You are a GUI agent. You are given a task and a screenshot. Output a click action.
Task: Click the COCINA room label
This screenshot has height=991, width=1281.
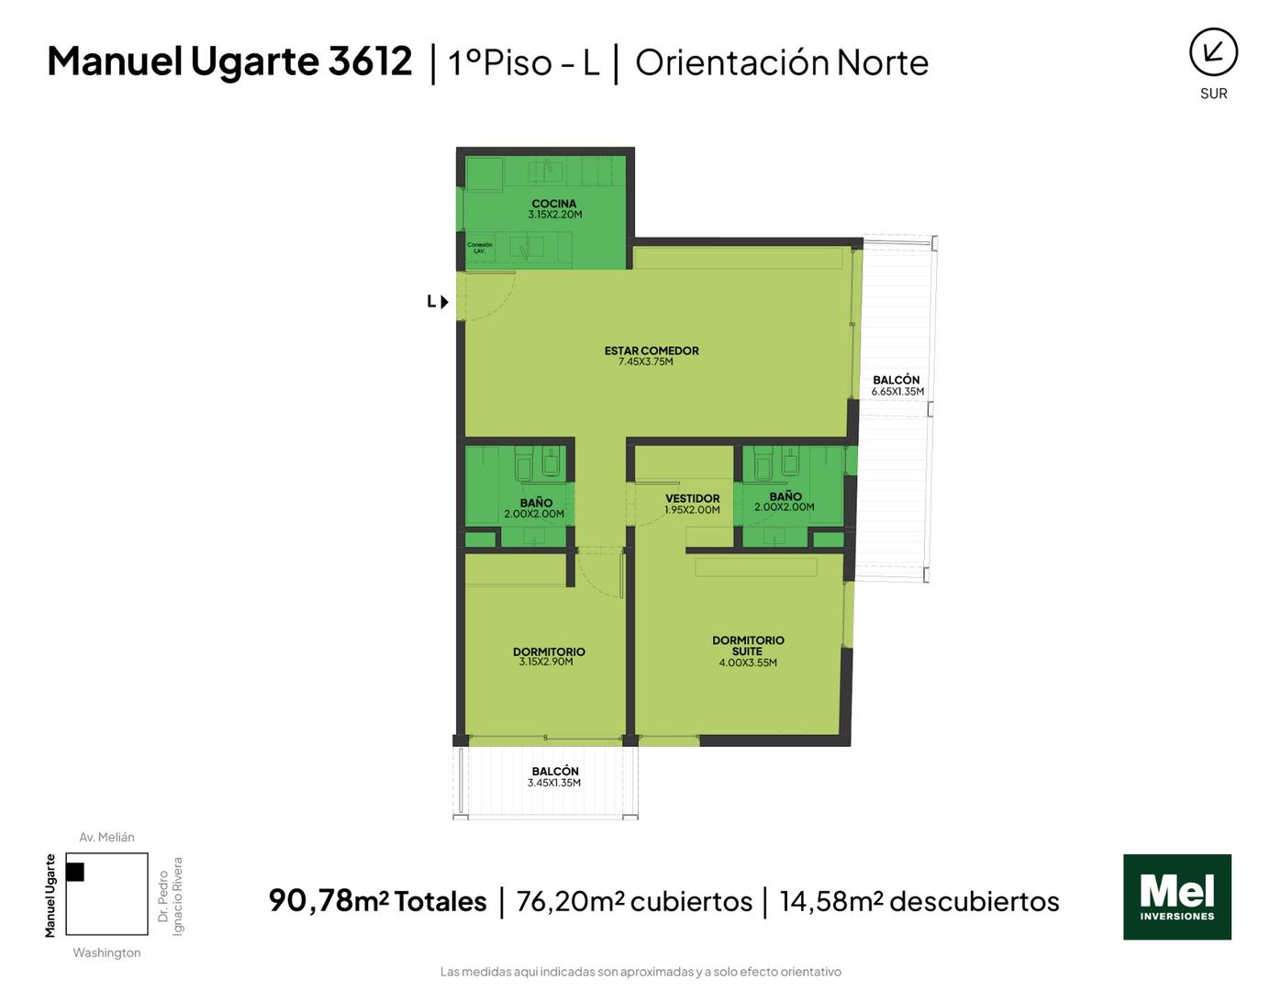click(553, 204)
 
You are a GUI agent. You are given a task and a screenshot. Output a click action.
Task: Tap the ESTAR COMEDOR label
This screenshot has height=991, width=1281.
click(652, 351)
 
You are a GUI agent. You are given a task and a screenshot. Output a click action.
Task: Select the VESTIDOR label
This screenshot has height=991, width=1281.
click(692, 499)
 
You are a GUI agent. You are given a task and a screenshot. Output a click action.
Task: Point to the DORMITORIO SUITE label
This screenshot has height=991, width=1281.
click(748, 645)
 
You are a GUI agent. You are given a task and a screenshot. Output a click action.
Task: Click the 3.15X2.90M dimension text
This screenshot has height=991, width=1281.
click(546, 662)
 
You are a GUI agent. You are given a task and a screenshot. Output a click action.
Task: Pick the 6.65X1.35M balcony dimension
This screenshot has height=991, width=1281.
click(897, 392)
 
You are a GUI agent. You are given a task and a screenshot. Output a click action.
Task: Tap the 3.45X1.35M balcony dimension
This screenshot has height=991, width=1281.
click(554, 783)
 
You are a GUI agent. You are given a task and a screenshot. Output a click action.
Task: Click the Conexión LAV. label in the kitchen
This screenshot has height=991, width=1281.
click(480, 248)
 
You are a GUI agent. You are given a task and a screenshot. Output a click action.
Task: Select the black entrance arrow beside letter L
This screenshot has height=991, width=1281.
click(444, 302)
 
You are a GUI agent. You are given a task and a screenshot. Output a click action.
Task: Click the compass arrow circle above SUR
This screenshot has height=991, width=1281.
click(1213, 52)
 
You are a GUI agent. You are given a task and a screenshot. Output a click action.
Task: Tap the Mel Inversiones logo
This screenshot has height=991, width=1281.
click(1176, 896)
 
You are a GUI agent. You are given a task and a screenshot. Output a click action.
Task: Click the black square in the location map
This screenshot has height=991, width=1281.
click(75, 872)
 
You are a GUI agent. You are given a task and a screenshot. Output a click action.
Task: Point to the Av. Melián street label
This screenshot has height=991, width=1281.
click(106, 837)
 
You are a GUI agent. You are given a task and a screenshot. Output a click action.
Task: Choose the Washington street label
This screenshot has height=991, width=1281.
click(106, 952)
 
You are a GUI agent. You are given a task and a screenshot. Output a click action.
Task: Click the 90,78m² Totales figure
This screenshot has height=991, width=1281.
click(377, 901)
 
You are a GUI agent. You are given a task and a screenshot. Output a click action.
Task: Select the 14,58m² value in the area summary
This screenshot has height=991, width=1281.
click(831, 901)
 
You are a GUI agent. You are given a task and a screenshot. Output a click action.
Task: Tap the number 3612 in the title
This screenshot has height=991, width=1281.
click(370, 61)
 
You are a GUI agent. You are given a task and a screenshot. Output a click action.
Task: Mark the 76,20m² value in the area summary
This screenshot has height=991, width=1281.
click(570, 901)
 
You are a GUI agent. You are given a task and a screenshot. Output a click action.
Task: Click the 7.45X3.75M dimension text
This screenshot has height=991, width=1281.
click(645, 362)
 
